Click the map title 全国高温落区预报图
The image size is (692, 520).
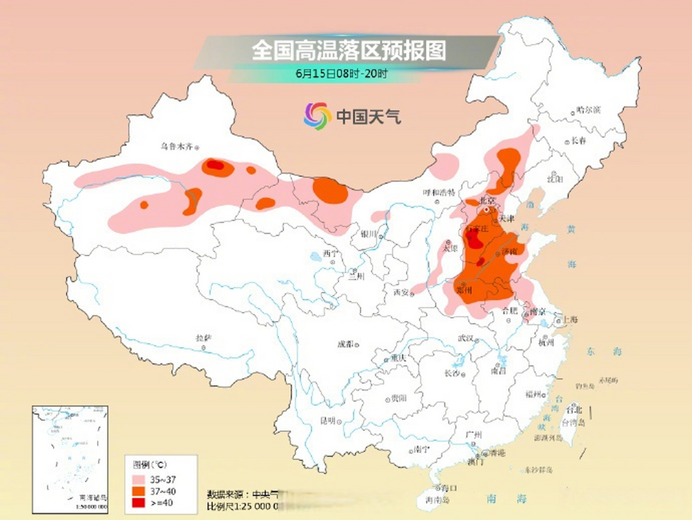[348, 50]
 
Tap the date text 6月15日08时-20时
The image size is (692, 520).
[341, 74]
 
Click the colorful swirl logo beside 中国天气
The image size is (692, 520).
[317, 116]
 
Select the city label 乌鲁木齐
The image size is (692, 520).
[176, 146]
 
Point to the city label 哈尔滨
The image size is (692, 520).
[589, 110]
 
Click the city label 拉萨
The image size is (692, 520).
[203, 338]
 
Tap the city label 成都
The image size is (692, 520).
[346, 344]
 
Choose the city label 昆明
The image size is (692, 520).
[328, 421]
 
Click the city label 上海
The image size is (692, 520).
[570, 320]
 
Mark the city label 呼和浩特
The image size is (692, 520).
[439, 193]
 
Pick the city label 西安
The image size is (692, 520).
[401, 292]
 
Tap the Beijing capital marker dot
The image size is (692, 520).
[486, 210]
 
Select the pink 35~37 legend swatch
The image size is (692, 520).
[139, 480]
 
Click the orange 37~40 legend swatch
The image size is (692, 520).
[139, 491]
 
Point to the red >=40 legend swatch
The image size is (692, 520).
[139, 503]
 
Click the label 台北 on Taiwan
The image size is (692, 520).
[574, 409]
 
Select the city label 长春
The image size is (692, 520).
[579, 141]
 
